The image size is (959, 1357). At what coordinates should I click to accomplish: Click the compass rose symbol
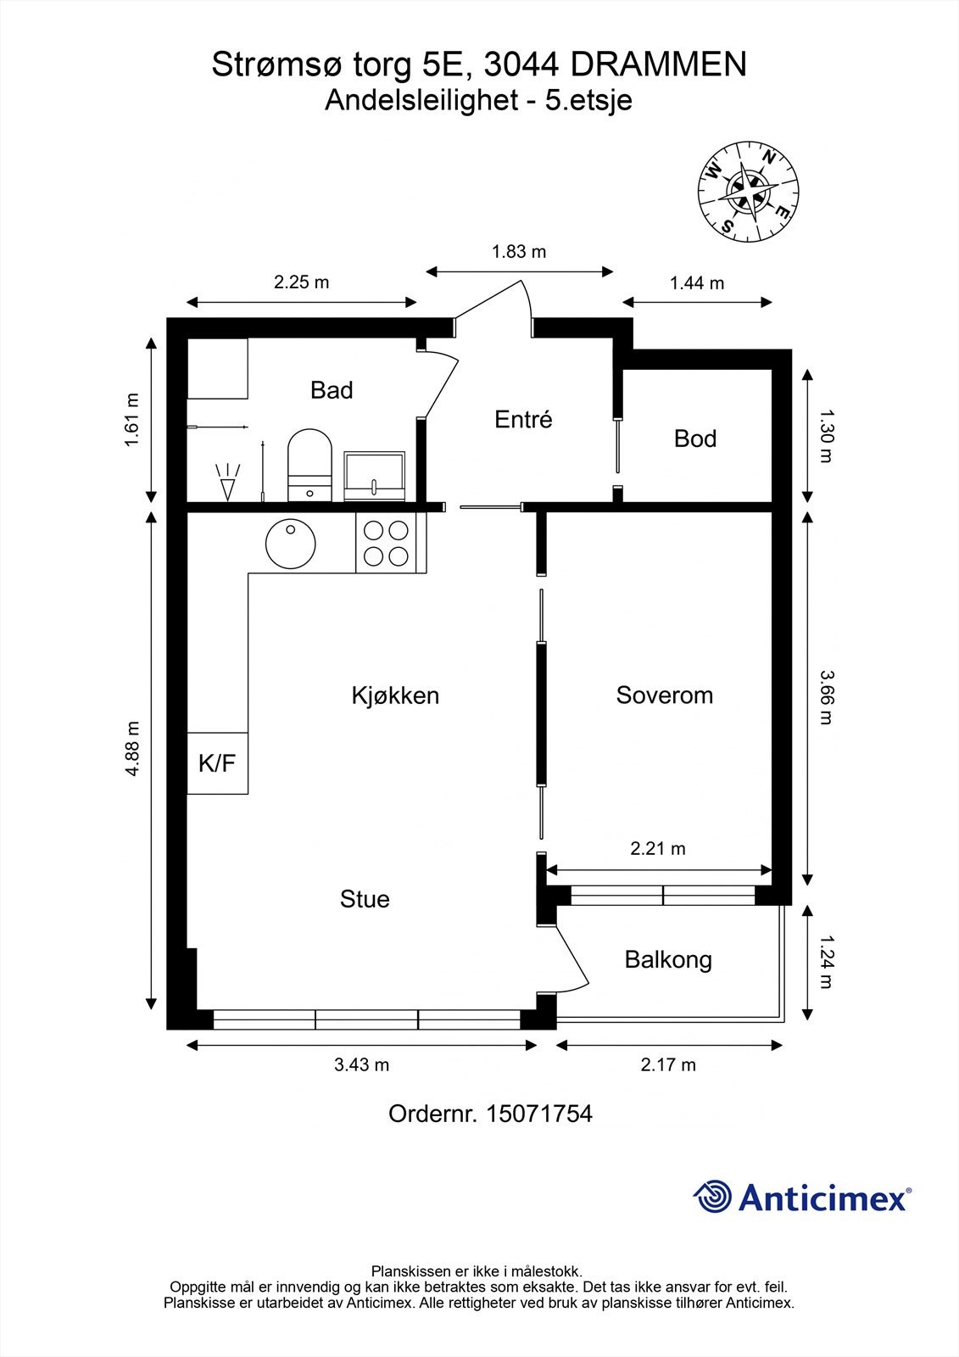click(748, 191)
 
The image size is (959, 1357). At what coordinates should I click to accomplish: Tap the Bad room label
click(332, 390)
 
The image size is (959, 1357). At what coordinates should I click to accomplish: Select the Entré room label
click(523, 419)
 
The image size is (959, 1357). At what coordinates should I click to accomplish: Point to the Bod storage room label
click(694, 438)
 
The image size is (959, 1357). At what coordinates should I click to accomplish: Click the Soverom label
click(665, 695)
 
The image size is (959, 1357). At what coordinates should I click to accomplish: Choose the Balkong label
click(668, 960)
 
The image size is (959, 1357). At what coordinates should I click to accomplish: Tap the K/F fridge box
click(217, 762)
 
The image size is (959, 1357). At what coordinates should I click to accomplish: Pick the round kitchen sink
click(291, 544)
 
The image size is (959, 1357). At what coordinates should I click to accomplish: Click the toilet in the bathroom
click(310, 466)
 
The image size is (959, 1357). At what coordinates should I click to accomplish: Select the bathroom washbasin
click(375, 476)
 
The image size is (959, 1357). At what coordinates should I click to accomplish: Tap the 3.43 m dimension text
click(362, 1064)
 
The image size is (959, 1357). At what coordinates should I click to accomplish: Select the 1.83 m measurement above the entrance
click(519, 251)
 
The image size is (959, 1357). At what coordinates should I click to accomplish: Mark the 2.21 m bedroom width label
click(658, 849)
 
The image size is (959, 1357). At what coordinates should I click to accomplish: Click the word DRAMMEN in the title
click(659, 64)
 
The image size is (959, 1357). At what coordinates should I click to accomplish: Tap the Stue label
click(365, 899)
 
